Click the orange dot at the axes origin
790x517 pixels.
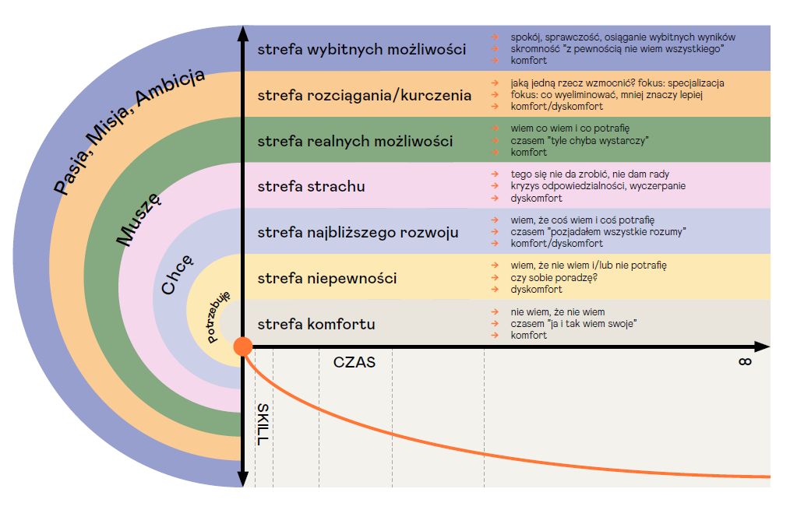pos(243,346)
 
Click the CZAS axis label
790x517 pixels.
pos(354,362)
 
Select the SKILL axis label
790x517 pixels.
pos(263,424)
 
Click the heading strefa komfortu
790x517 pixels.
pos(316,324)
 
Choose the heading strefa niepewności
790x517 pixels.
pos(326,278)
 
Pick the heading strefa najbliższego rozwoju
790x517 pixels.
pos(358,232)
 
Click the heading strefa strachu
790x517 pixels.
pos(311,187)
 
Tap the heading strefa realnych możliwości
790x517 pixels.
pos(354,142)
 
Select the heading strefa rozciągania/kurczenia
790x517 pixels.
pos(364,96)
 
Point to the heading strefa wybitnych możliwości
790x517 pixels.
pos(361,50)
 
